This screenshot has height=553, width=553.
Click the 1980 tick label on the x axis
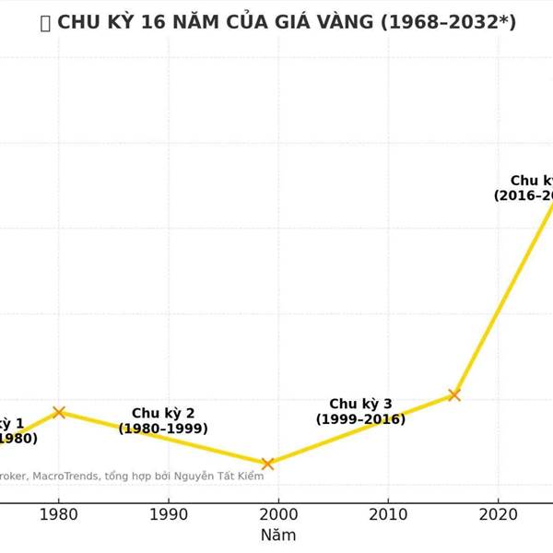coord(59,513)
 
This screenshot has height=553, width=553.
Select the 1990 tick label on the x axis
coord(168,513)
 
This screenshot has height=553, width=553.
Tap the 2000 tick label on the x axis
coord(278,513)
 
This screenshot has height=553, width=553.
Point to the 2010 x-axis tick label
coord(388,513)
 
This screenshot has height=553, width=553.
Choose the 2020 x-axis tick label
coord(498,513)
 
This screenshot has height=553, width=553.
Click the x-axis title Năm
coord(277,535)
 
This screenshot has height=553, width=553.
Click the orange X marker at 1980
coord(59,412)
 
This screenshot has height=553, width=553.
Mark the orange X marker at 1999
coord(267,464)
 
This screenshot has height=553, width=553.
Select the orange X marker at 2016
coord(454,394)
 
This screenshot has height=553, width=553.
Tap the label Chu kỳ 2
coord(163,413)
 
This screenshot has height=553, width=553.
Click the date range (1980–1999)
coord(163,429)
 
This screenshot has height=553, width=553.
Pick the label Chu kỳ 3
coord(360,404)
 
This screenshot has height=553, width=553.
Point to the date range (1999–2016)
coord(360,419)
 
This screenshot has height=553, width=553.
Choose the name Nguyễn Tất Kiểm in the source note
coord(224,476)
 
